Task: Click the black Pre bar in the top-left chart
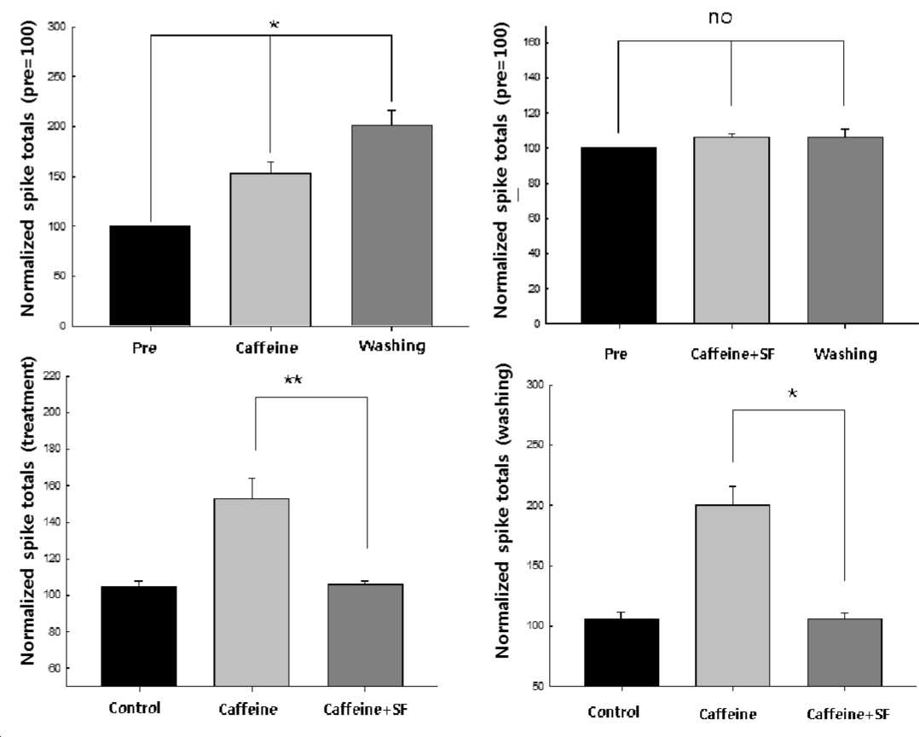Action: point(150,276)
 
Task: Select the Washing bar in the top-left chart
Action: point(391,225)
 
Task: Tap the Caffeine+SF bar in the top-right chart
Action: point(731,229)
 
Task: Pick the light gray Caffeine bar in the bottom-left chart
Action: point(251,592)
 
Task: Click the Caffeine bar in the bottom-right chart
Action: point(732,595)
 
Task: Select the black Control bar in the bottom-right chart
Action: point(621,653)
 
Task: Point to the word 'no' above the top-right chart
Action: point(720,18)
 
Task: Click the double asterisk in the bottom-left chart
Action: point(293,380)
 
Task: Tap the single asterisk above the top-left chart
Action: point(274,26)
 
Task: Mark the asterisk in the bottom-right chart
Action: point(793,393)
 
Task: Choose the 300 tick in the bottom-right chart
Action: point(537,385)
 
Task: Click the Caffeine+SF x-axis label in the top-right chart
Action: point(732,354)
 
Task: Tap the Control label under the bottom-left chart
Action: point(134,708)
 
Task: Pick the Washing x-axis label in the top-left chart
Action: point(391,346)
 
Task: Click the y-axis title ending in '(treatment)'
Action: point(27,510)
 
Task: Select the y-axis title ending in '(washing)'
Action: point(502,510)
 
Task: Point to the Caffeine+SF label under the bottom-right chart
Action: point(848,714)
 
